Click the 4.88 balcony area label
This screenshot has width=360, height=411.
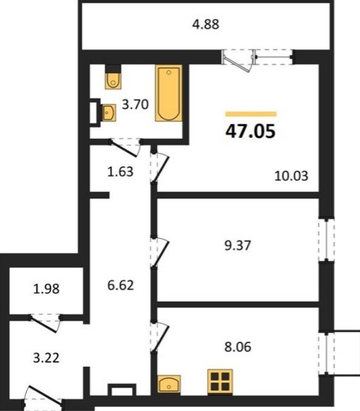pos(206,25)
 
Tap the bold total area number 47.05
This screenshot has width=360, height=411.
pos(250,131)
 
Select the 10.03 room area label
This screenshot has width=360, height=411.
pos(291,175)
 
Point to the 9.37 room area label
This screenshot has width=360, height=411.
pos(237,246)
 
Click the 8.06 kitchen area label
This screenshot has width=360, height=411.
pos(237,347)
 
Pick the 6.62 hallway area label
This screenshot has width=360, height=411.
pos(121,285)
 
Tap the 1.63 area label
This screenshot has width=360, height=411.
pos(120,172)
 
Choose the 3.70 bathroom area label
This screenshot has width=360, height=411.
pos(135,104)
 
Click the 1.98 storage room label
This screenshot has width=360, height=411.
pos(46,289)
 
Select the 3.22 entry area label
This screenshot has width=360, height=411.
pos(46,358)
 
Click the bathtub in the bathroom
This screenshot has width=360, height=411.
pos(169,93)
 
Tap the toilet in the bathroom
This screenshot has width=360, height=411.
pos(113,77)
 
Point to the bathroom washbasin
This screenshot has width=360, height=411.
pos(109,113)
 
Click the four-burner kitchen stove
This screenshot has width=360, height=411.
pos(220,381)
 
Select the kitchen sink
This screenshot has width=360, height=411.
pos(169,384)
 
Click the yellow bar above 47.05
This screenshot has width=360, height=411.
pos(251,114)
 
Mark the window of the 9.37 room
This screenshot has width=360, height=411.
pos(327,240)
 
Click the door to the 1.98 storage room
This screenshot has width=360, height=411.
pos(45,323)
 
